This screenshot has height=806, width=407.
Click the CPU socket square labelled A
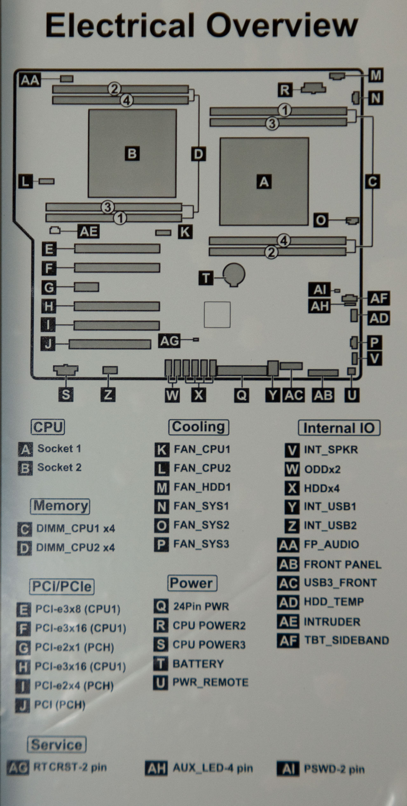click(x=264, y=181)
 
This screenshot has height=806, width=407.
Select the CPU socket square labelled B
click(x=132, y=153)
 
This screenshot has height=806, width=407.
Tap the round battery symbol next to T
click(x=234, y=274)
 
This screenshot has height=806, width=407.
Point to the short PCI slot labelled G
click(x=86, y=287)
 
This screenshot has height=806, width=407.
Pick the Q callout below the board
click(x=241, y=395)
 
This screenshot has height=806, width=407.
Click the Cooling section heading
click(x=198, y=427)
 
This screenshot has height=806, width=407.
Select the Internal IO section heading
click(x=339, y=428)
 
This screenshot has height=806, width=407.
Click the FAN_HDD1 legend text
click(x=202, y=487)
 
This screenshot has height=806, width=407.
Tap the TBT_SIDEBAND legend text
click(x=346, y=640)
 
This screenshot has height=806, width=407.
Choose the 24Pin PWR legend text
click(x=201, y=606)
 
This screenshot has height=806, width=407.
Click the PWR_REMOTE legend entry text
click(x=210, y=682)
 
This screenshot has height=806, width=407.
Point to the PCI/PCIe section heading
click(x=62, y=586)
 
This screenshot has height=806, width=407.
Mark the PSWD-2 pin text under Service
click(x=334, y=769)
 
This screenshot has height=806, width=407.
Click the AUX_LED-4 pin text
click(x=213, y=768)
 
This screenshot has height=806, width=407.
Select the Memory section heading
click(x=60, y=506)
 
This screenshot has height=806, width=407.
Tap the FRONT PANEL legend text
click(x=342, y=565)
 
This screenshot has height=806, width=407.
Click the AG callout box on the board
click(x=169, y=341)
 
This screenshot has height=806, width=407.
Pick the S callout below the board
click(x=66, y=395)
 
